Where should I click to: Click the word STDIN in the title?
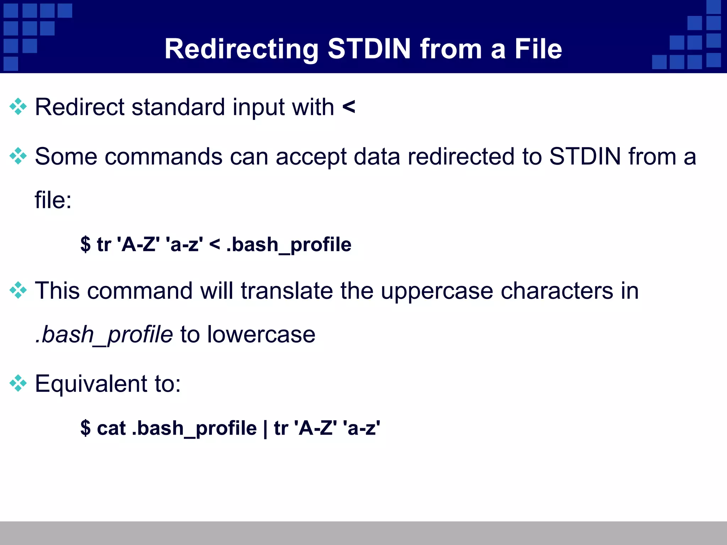369,49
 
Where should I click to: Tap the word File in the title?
538,49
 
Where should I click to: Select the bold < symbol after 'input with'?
349,106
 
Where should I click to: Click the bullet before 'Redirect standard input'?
18,107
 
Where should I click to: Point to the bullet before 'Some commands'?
18,156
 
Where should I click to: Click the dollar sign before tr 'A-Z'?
85,244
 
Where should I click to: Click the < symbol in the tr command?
214,244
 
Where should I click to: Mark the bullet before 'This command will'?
18,291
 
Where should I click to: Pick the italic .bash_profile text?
104,335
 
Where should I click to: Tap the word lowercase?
261,334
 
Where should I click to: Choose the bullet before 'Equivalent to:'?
18,383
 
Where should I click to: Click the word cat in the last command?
111,428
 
